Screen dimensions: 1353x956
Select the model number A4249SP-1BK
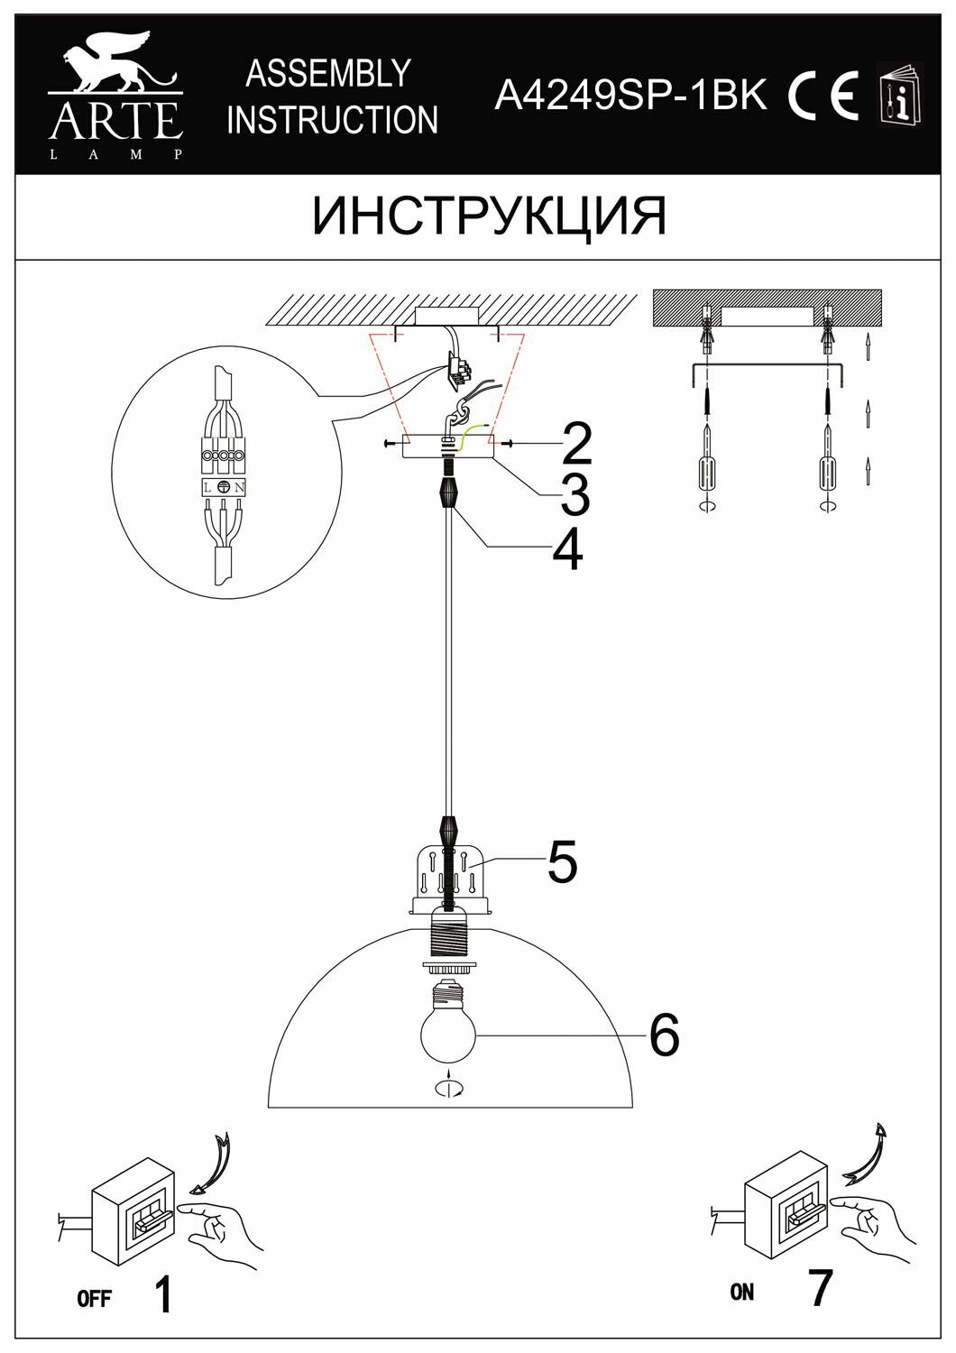630,94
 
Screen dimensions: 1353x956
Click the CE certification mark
822,94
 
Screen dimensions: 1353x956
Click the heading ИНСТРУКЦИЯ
490,216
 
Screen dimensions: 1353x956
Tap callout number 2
574,443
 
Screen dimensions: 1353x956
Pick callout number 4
567,549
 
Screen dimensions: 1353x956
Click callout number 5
561,862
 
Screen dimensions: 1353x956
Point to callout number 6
664,1035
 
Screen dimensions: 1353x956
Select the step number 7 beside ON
819,1288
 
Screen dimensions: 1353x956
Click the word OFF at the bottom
94,1299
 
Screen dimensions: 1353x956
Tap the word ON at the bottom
742,1292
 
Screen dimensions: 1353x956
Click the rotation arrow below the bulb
448,1089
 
